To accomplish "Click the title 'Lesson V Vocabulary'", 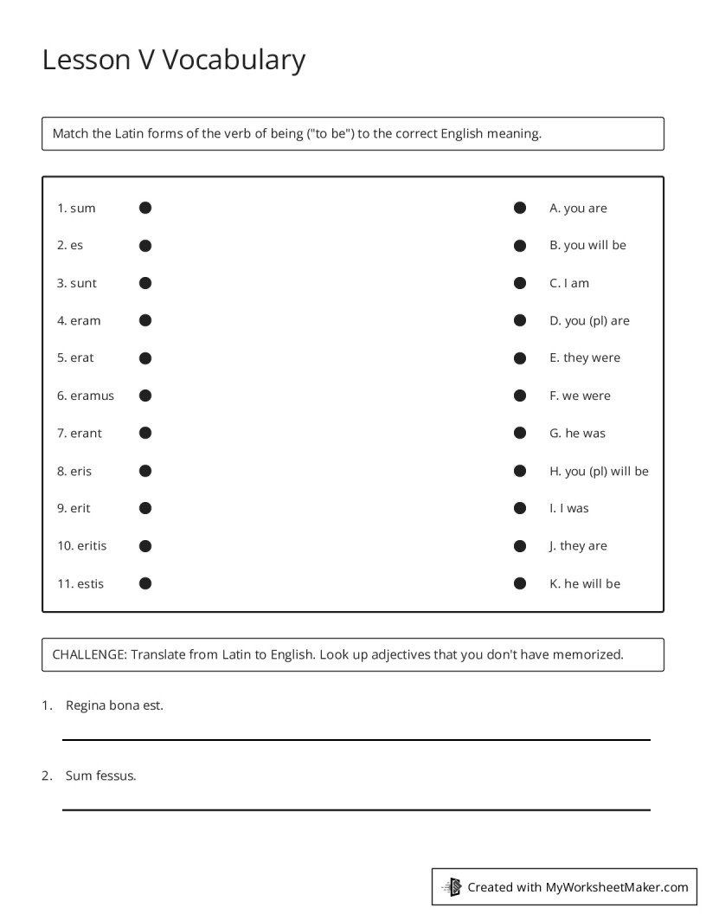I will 173,60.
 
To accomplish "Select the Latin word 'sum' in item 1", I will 83,208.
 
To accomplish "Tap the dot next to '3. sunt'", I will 145,283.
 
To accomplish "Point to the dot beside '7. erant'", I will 145,433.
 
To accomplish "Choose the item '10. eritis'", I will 82,546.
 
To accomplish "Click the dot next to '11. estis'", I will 145,583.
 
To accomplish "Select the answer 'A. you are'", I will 578,208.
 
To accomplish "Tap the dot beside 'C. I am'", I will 520,283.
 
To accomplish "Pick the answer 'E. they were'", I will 584,357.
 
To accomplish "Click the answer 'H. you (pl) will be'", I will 598,471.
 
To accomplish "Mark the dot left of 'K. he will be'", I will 520,583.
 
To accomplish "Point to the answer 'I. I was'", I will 568,508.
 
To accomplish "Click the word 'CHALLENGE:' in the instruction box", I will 89,654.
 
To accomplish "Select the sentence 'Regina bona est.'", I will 114,705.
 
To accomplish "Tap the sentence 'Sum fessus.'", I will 100,776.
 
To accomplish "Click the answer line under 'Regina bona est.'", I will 356,739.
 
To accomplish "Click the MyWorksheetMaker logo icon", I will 452,886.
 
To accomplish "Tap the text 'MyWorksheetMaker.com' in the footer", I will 616,886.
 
